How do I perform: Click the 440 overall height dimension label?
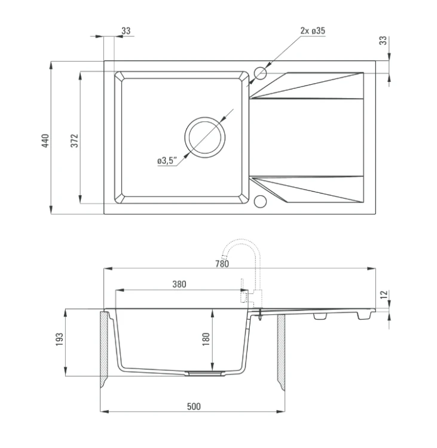point(45,140)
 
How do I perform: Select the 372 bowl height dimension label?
point(74,140)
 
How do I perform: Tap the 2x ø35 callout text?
point(313,30)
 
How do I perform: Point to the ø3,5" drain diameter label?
point(167,161)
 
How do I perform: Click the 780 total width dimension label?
point(222,263)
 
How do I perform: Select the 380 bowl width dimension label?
point(179,284)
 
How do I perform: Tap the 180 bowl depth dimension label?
point(206,339)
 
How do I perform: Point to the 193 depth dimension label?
point(59,339)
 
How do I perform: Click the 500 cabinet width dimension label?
point(194,406)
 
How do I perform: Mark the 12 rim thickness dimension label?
point(384,294)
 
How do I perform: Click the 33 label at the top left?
point(126,30)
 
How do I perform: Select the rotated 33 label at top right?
point(383,40)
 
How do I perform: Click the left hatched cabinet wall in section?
point(104,349)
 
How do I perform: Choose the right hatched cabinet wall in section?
point(281,352)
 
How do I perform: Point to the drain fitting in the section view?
point(204,373)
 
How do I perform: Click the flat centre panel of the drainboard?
point(306,137)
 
